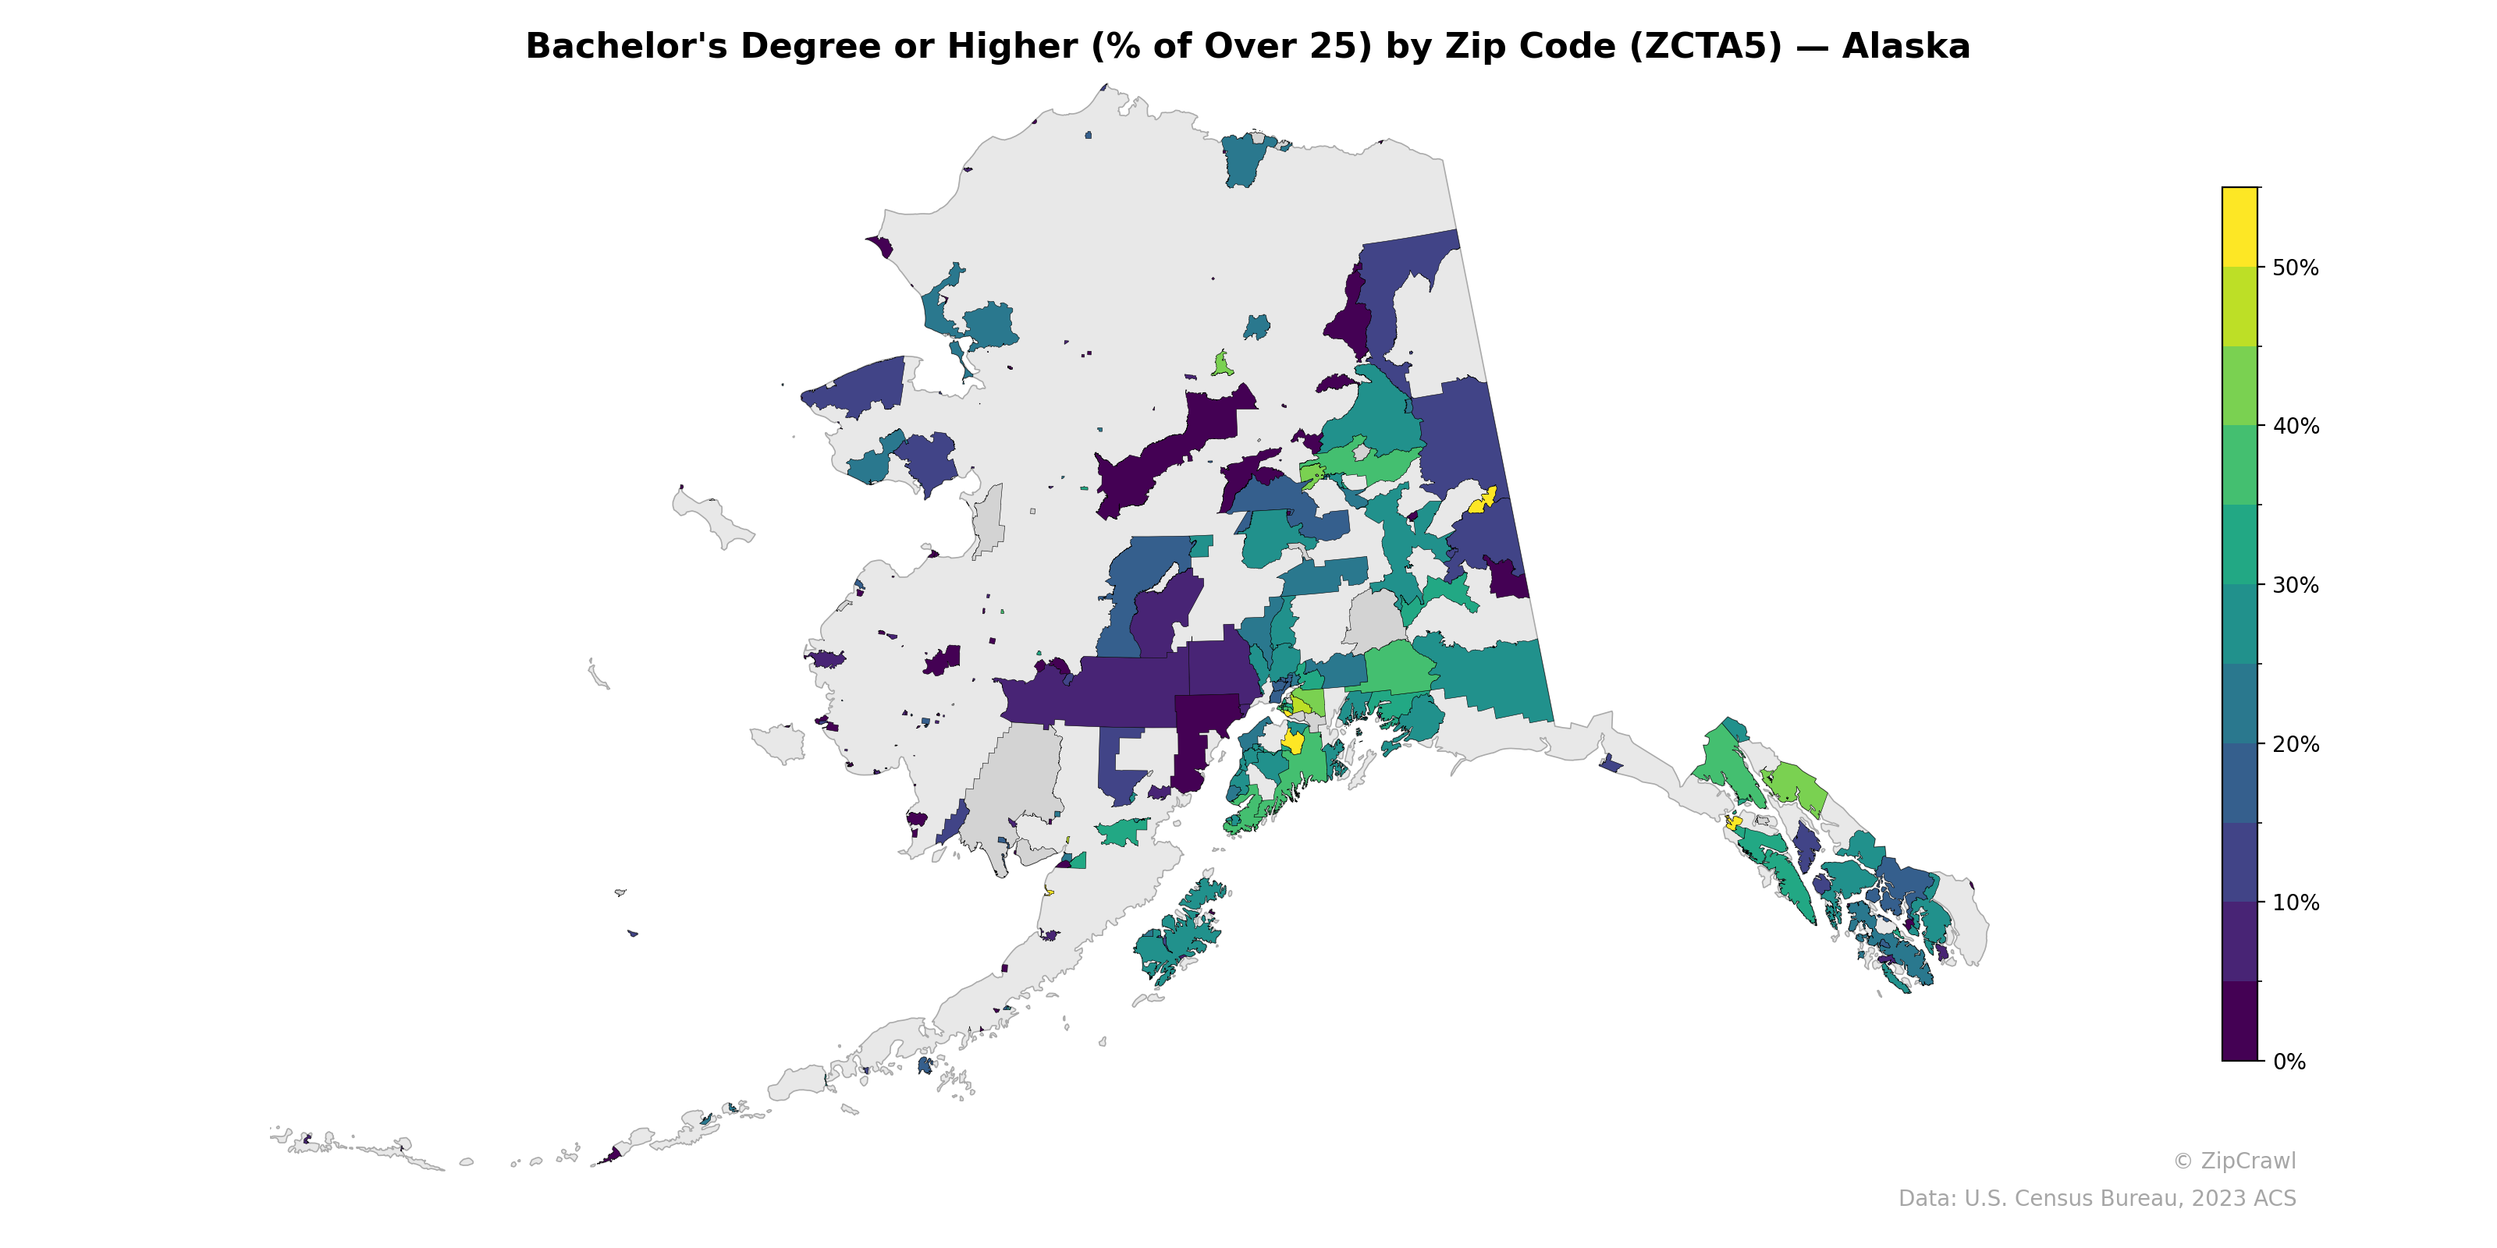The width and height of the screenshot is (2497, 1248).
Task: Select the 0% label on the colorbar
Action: pyautogui.click(x=2289, y=1061)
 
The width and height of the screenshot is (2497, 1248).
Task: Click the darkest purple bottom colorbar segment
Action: pyautogui.click(x=2239, y=1021)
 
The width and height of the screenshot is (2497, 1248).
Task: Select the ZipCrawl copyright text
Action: pyautogui.click(x=2233, y=1161)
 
